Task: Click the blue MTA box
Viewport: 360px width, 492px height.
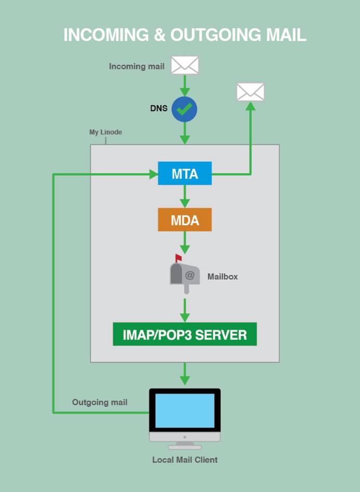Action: tap(185, 173)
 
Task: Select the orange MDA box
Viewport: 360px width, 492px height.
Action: tap(185, 220)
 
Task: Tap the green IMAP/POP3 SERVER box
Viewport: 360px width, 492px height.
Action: tap(185, 334)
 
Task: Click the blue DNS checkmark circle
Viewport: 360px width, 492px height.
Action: tap(185, 108)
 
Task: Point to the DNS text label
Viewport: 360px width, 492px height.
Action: tap(159, 108)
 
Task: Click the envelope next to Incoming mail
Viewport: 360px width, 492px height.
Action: tap(185, 65)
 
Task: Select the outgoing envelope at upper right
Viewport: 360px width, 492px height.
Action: tap(251, 92)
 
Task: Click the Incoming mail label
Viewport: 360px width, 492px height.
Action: tap(136, 66)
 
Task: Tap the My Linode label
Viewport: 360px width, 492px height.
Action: tap(105, 132)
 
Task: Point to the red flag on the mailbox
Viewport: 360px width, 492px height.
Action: tap(178, 257)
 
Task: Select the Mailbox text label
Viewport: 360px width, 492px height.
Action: tap(223, 277)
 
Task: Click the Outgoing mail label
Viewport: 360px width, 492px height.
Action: tap(100, 402)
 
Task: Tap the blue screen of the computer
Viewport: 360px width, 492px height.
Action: tap(185, 411)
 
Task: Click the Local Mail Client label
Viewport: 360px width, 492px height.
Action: tap(185, 460)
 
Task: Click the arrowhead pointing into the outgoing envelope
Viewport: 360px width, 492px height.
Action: tap(251, 106)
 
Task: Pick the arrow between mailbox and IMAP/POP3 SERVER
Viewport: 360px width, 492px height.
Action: tap(185, 309)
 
